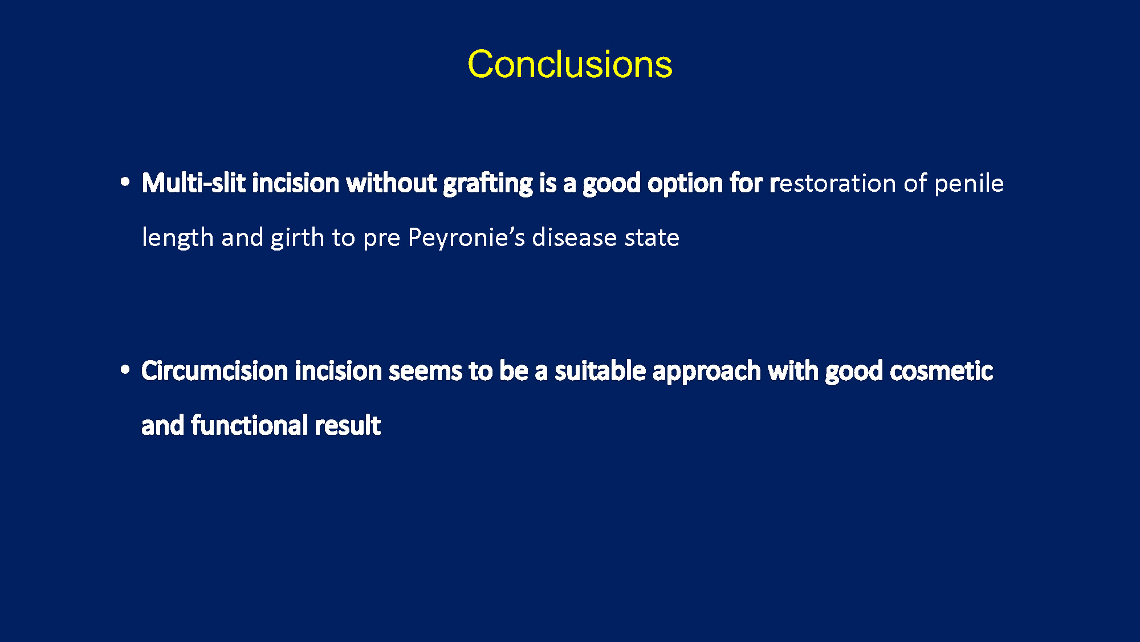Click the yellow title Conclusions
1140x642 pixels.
(x=570, y=64)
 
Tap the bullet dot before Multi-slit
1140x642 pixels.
(x=125, y=183)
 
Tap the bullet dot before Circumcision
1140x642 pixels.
(x=125, y=370)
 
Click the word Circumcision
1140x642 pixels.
(x=215, y=371)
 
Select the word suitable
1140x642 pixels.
(x=600, y=371)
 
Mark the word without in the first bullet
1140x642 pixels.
(x=392, y=183)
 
